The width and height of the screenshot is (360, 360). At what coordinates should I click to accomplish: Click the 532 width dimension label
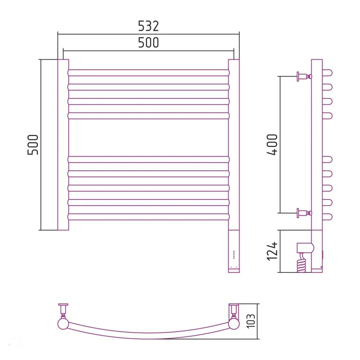(x=148, y=26)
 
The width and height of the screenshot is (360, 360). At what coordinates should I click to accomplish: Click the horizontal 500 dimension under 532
(x=148, y=42)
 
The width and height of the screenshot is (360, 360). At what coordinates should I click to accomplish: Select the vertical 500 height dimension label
(x=33, y=145)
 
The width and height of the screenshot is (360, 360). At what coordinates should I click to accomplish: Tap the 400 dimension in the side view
(x=273, y=145)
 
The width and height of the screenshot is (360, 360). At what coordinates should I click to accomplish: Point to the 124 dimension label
(x=273, y=251)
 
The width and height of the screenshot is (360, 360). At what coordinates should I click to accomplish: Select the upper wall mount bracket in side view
(x=304, y=76)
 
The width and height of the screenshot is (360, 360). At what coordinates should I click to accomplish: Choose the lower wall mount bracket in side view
(x=304, y=213)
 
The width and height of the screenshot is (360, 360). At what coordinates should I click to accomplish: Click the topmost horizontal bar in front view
(x=148, y=73)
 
